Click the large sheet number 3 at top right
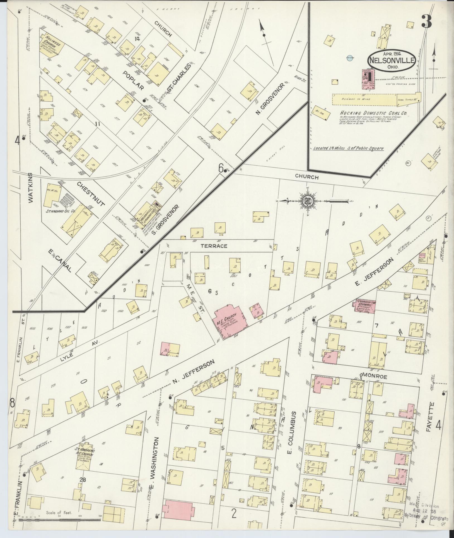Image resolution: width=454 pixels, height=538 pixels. [427, 21]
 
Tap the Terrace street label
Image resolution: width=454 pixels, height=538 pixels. [217, 246]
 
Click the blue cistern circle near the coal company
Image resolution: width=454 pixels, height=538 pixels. [350, 58]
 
